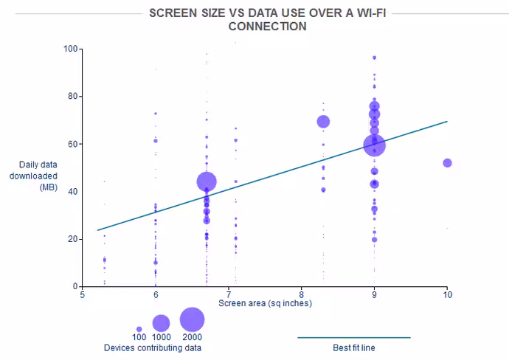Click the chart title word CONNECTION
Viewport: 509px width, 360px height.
click(x=268, y=27)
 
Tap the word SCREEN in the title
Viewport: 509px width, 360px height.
click(x=173, y=13)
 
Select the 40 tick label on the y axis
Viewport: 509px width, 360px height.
click(x=73, y=192)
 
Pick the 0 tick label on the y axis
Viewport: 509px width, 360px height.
click(x=76, y=286)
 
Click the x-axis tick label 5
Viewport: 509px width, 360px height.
click(x=83, y=295)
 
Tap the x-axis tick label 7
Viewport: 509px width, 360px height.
click(x=229, y=295)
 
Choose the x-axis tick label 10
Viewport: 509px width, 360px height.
click(x=447, y=295)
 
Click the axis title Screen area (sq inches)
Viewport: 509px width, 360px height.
click(x=266, y=303)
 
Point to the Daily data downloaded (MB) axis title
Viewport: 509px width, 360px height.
click(x=33, y=176)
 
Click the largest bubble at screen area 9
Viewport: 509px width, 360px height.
click(x=374, y=145)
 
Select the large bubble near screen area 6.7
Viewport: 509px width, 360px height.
click(x=207, y=181)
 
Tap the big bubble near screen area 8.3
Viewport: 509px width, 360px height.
click(x=323, y=122)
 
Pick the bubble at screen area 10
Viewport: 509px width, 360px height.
click(x=447, y=163)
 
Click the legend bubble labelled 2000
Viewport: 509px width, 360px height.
click(x=193, y=319)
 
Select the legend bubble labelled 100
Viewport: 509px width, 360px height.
click(x=139, y=329)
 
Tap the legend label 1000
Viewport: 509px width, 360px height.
click(x=162, y=337)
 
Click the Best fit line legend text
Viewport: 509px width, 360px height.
click(x=354, y=348)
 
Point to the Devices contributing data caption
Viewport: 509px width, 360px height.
click(x=153, y=348)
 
